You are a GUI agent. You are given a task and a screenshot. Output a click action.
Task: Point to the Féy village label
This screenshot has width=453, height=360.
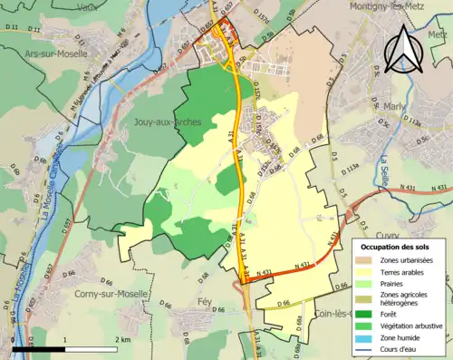[x=205, y=299]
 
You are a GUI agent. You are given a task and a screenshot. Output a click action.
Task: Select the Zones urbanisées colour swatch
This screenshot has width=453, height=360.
[x=366, y=260]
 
